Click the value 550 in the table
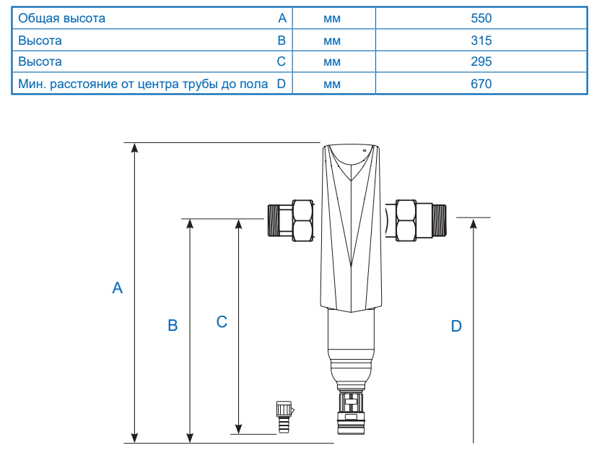[x=481, y=18]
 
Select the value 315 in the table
[x=481, y=40]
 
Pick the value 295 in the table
[x=481, y=61]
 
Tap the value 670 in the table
[x=481, y=84]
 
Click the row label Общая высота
[x=61, y=18]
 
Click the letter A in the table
[x=282, y=18]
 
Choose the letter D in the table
[x=282, y=84]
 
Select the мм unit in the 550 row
[x=332, y=18]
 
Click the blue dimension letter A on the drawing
[x=118, y=288]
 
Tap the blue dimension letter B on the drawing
[x=173, y=326]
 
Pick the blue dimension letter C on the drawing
[x=222, y=322]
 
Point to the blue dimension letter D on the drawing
[x=456, y=327]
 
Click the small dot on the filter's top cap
[x=365, y=150]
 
